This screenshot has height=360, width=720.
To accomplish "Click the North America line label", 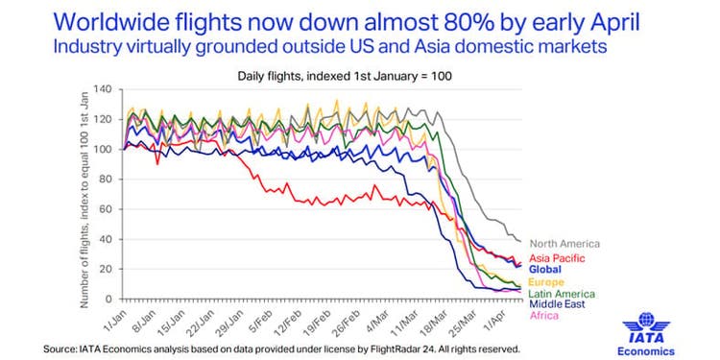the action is tap(564, 244).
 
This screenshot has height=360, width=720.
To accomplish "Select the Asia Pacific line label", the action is tap(558, 258).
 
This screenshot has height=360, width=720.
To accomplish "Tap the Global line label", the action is tap(545, 269).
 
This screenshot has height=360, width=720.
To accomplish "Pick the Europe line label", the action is tap(546, 282).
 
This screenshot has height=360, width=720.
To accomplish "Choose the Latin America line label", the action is tap(562, 294).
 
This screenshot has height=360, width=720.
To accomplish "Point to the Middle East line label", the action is tap(558, 304).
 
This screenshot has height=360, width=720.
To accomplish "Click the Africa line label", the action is tap(544, 316).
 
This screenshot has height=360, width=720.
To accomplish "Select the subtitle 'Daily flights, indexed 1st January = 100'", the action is tap(345, 76).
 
